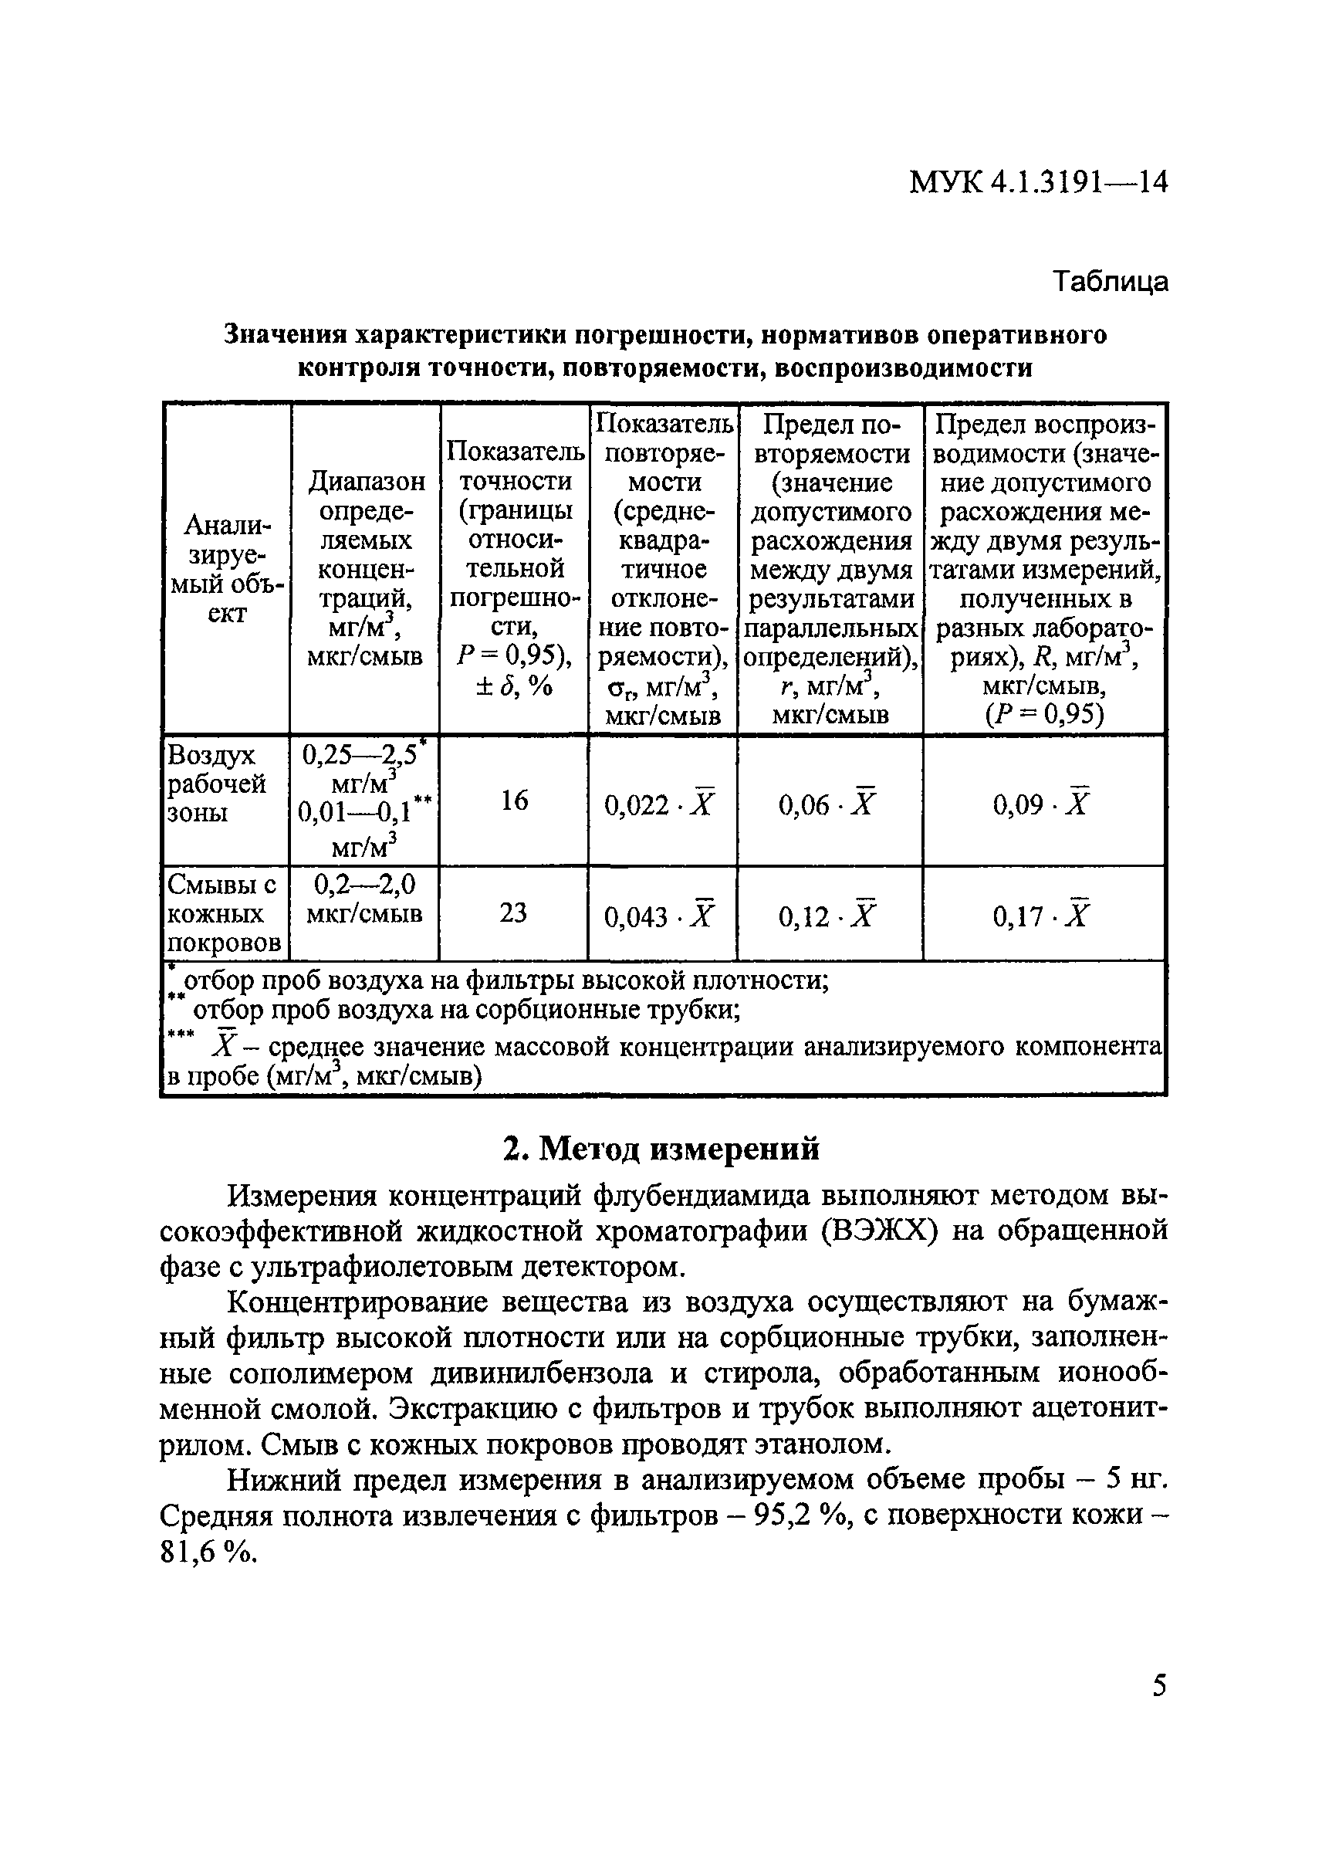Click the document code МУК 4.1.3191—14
pyautogui.click(x=1038, y=181)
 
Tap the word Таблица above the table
pyautogui.click(x=1111, y=282)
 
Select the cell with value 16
pyautogui.click(x=514, y=801)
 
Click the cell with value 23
pyautogui.click(x=514, y=913)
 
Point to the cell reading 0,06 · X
pyautogui.click(x=828, y=804)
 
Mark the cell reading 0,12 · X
pyautogui.click(x=828, y=917)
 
